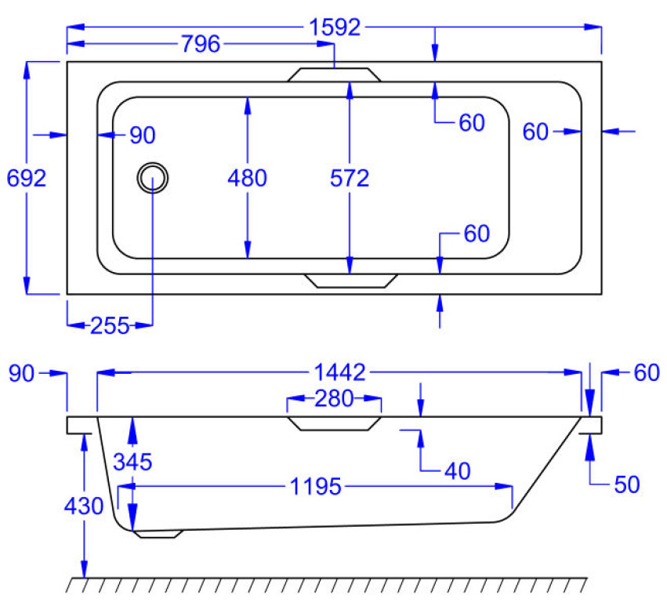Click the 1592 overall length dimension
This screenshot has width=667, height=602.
point(335,27)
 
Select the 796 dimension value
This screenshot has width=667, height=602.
point(201,44)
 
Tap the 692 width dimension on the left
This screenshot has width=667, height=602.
point(27,178)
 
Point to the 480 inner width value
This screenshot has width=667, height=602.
point(247,178)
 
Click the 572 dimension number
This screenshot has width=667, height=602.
point(350,178)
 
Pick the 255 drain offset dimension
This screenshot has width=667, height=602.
point(110,326)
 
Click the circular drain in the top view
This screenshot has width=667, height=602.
point(153,178)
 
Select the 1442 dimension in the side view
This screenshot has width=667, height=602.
point(339,372)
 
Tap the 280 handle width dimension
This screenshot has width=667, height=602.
point(334,399)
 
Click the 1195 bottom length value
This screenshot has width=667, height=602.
point(316,486)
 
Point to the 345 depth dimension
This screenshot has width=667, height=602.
point(132,462)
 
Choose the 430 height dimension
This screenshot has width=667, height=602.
point(84,506)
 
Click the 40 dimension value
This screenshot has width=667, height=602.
point(458,471)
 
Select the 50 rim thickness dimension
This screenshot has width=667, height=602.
point(627,484)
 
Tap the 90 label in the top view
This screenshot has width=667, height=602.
point(143,136)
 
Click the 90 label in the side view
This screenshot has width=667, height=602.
point(21,373)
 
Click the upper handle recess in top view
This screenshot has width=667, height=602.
point(334,74)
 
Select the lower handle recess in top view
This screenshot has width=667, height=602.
point(351,281)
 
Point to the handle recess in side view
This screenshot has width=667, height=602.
point(334,424)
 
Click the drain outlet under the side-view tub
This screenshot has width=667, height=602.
point(158,534)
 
